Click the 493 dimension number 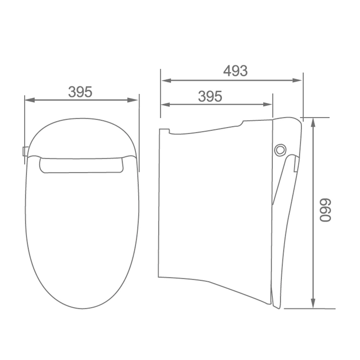[235, 71]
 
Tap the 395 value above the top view [80, 92]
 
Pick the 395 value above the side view [210, 96]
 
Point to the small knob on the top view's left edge [25, 151]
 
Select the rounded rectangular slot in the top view [81, 165]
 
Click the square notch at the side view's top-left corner [164, 131]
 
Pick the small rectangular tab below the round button [296, 164]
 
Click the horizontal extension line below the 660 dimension [310, 309]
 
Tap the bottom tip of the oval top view [82, 309]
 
